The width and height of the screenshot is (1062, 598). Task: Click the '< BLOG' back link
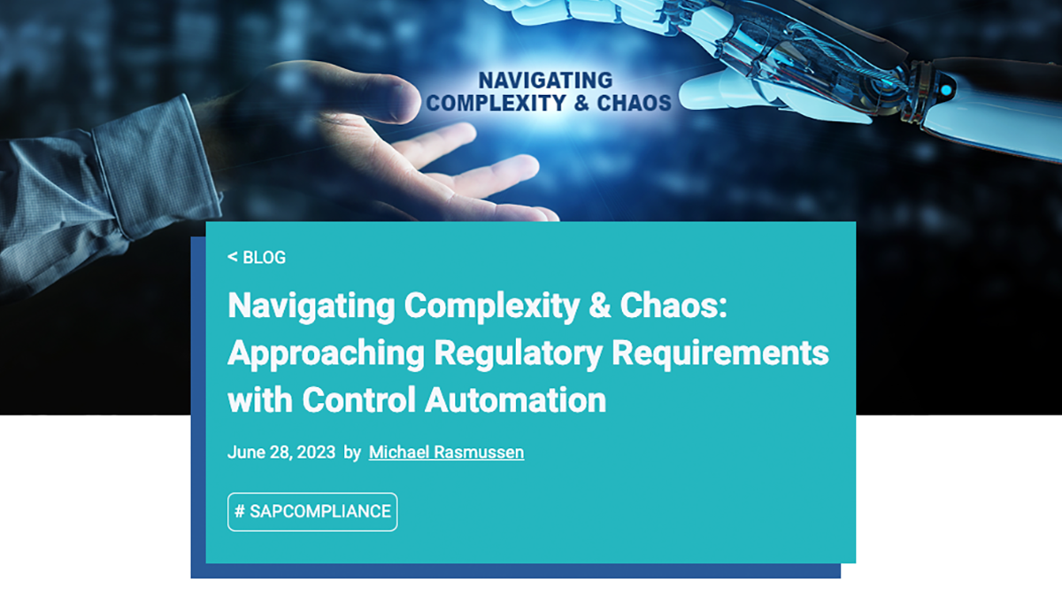click(257, 258)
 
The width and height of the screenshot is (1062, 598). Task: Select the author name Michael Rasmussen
click(446, 453)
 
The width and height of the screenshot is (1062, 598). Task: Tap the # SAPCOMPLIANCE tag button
click(312, 512)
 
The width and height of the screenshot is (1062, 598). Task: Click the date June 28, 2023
click(281, 453)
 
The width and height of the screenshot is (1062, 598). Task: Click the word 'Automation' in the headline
click(516, 400)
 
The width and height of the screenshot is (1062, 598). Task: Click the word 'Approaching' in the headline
click(326, 353)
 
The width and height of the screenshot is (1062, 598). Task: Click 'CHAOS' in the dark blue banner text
click(634, 104)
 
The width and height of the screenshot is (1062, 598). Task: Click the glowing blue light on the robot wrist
click(946, 89)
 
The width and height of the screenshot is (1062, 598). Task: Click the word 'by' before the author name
click(352, 453)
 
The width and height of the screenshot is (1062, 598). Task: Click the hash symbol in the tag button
click(240, 512)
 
